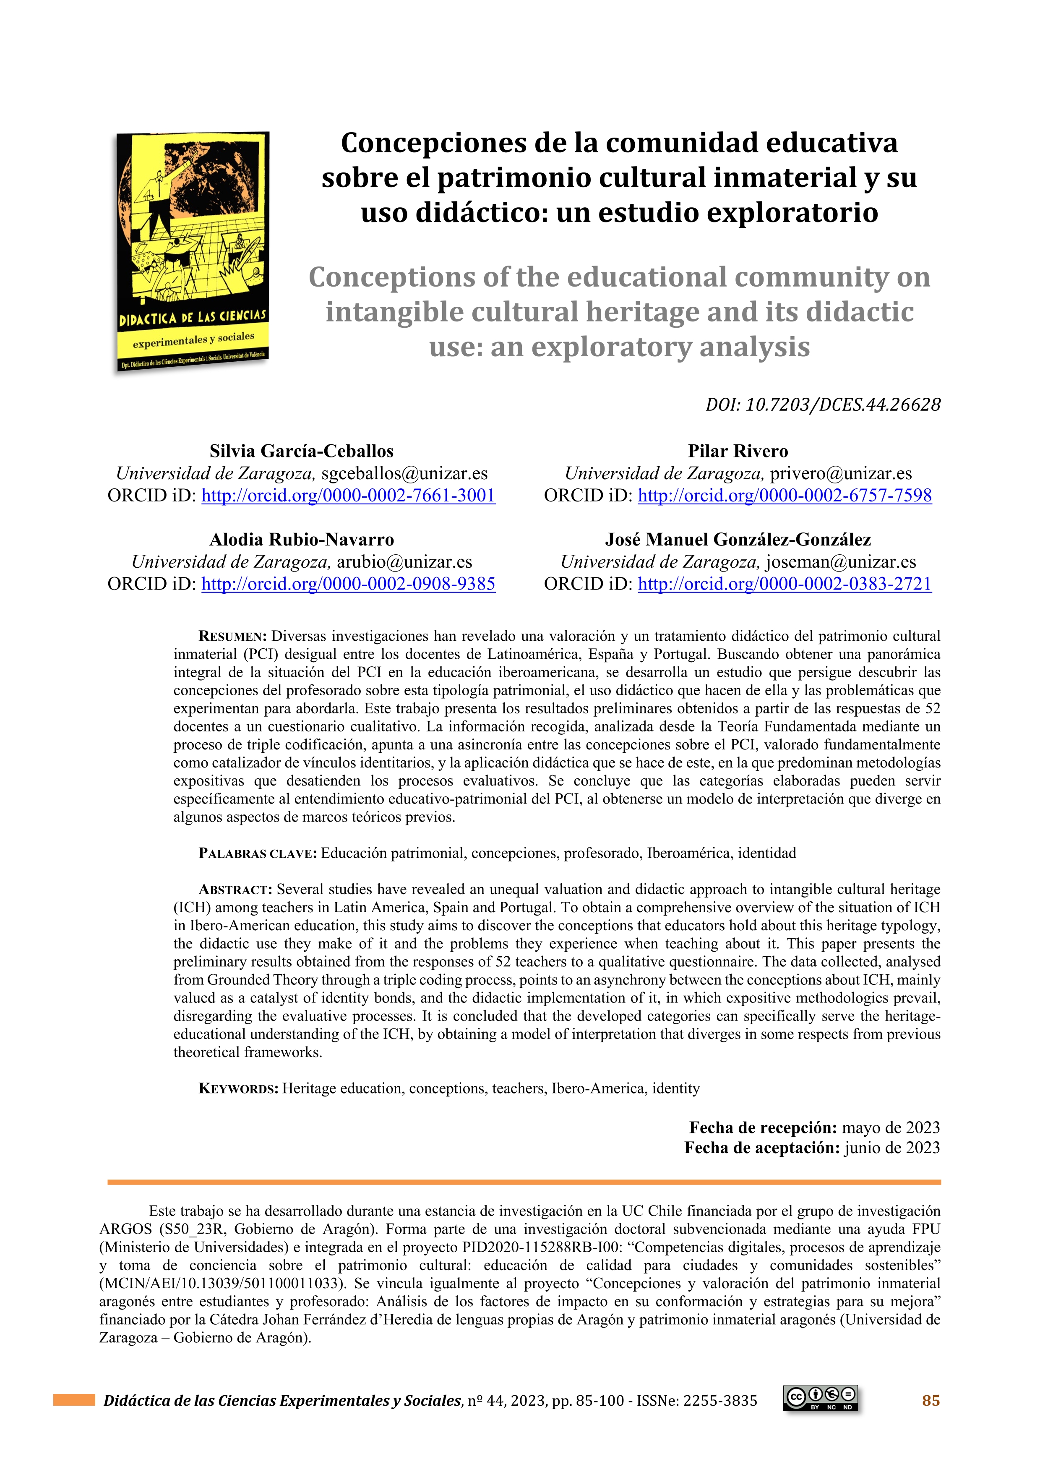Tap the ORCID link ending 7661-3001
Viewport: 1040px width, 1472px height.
point(348,496)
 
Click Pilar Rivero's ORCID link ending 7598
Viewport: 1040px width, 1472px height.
point(785,496)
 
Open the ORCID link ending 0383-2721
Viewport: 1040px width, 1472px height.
point(785,584)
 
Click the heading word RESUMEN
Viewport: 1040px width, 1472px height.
point(232,637)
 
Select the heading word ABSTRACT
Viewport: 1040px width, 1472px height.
point(235,890)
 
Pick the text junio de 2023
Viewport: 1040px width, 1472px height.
point(892,1148)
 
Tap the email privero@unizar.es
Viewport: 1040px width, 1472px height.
point(841,473)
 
